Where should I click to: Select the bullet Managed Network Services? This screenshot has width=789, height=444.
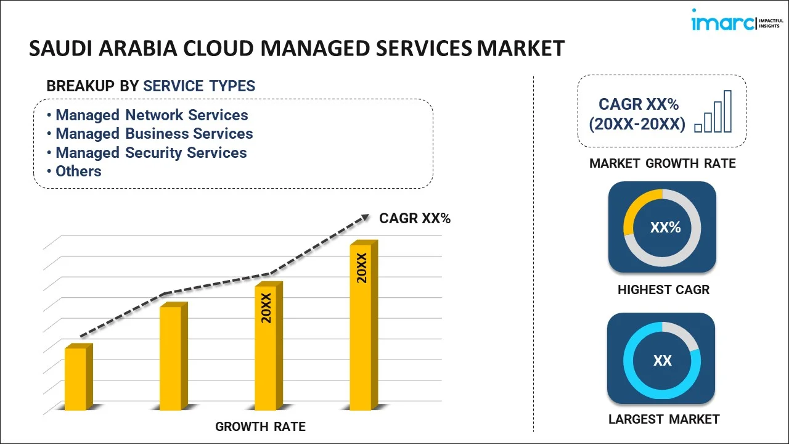point(152,115)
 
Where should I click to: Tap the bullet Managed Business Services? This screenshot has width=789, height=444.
point(154,134)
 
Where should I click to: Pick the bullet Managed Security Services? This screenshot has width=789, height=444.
point(151,153)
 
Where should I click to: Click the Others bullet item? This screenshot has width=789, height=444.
point(78,171)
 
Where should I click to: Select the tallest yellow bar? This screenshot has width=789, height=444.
point(361,326)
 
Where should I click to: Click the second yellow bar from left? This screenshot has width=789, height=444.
point(171,357)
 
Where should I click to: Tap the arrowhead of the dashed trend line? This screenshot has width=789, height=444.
point(365,217)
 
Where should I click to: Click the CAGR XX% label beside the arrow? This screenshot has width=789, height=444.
point(415,218)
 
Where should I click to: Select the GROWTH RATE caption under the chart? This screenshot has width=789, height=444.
point(260,427)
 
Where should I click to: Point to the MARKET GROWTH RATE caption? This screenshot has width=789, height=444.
point(662,163)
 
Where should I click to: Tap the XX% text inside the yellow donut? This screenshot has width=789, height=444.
point(665,228)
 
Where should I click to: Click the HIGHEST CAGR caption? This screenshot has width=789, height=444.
point(663,290)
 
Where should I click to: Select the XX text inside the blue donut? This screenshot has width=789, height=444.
point(662,361)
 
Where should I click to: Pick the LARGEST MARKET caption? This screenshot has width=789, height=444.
point(663,419)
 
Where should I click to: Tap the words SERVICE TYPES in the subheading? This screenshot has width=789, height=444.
point(199,86)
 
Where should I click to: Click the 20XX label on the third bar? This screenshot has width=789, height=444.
point(266,308)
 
